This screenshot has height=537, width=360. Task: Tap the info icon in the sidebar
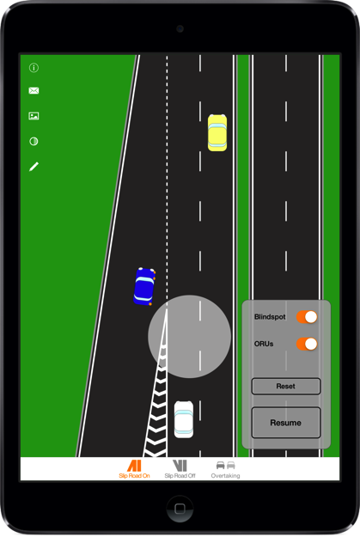click(x=34, y=68)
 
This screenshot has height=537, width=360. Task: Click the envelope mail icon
click(x=34, y=90)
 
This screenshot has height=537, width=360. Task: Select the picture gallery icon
click(x=34, y=116)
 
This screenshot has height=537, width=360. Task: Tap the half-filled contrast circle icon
click(x=34, y=141)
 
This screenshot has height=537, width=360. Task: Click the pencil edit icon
click(x=34, y=167)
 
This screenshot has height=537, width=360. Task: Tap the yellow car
click(x=217, y=132)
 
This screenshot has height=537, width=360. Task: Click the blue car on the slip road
click(x=144, y=286)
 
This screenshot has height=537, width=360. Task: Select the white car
click(x=184, y=419)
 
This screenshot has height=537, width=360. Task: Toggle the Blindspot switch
click(x=307, y=317)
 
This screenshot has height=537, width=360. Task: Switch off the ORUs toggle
click(x=307, y=344)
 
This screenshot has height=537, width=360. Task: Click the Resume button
click(x=286, y=423)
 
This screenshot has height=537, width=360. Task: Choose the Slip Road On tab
click(x=134, y=469)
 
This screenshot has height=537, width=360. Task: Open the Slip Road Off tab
click(x=180, y=469)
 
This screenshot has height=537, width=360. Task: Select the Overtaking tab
click(x=225, y=469)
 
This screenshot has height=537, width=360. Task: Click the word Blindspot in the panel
click(x=270, y=317)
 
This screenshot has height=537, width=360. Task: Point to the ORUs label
click(x=264, y=344)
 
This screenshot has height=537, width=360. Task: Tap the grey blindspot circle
click(x=189, y=337)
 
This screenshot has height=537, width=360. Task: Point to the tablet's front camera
click(x=180, y=28)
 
